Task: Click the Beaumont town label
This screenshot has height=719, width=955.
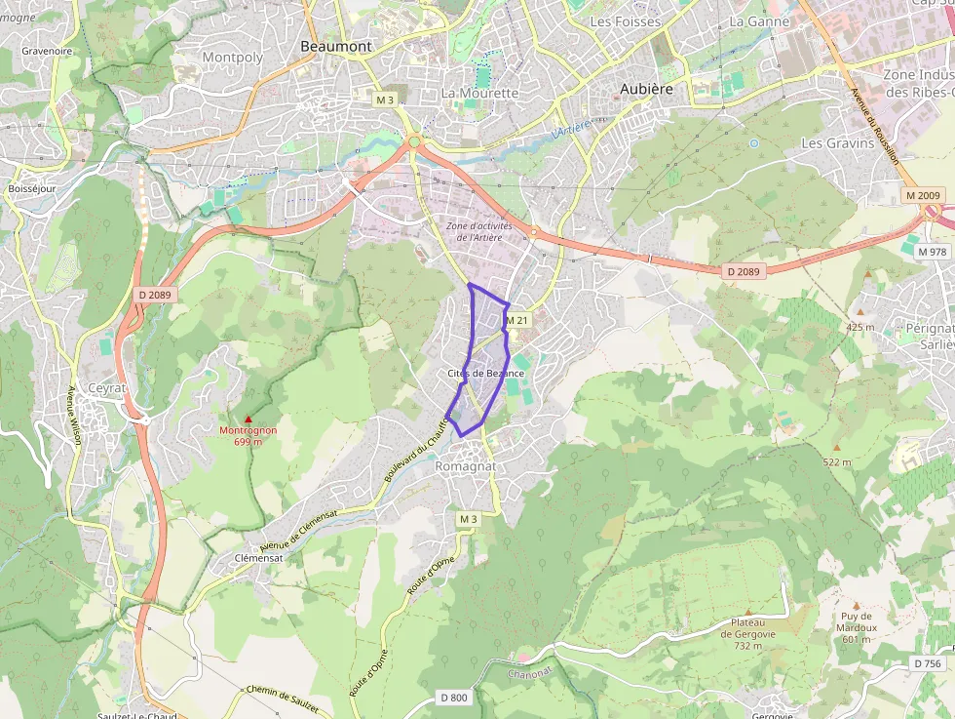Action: tap(335, 46)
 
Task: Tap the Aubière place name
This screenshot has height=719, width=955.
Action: tap(647, 89)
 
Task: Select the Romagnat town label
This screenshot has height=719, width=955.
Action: tap(465, 466)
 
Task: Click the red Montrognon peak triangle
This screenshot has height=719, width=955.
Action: tap(248, 419)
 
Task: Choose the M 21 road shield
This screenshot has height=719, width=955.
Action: tap(516, 320)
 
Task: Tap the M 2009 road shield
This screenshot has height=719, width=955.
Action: tap(923, 196)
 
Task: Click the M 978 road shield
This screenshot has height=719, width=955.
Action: tap(932, 252)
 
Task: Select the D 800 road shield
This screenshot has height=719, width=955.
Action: tap(454, 698)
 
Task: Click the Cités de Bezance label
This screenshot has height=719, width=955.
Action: tap(486, 374)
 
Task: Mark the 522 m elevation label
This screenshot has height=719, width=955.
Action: tap(836, 461)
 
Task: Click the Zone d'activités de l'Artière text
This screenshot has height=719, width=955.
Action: tap(478, 231)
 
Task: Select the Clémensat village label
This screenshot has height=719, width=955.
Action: tap(258, 558)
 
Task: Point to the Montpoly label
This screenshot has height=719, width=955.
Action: tap(233, 58)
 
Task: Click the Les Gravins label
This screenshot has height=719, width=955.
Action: tap(837, 142)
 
